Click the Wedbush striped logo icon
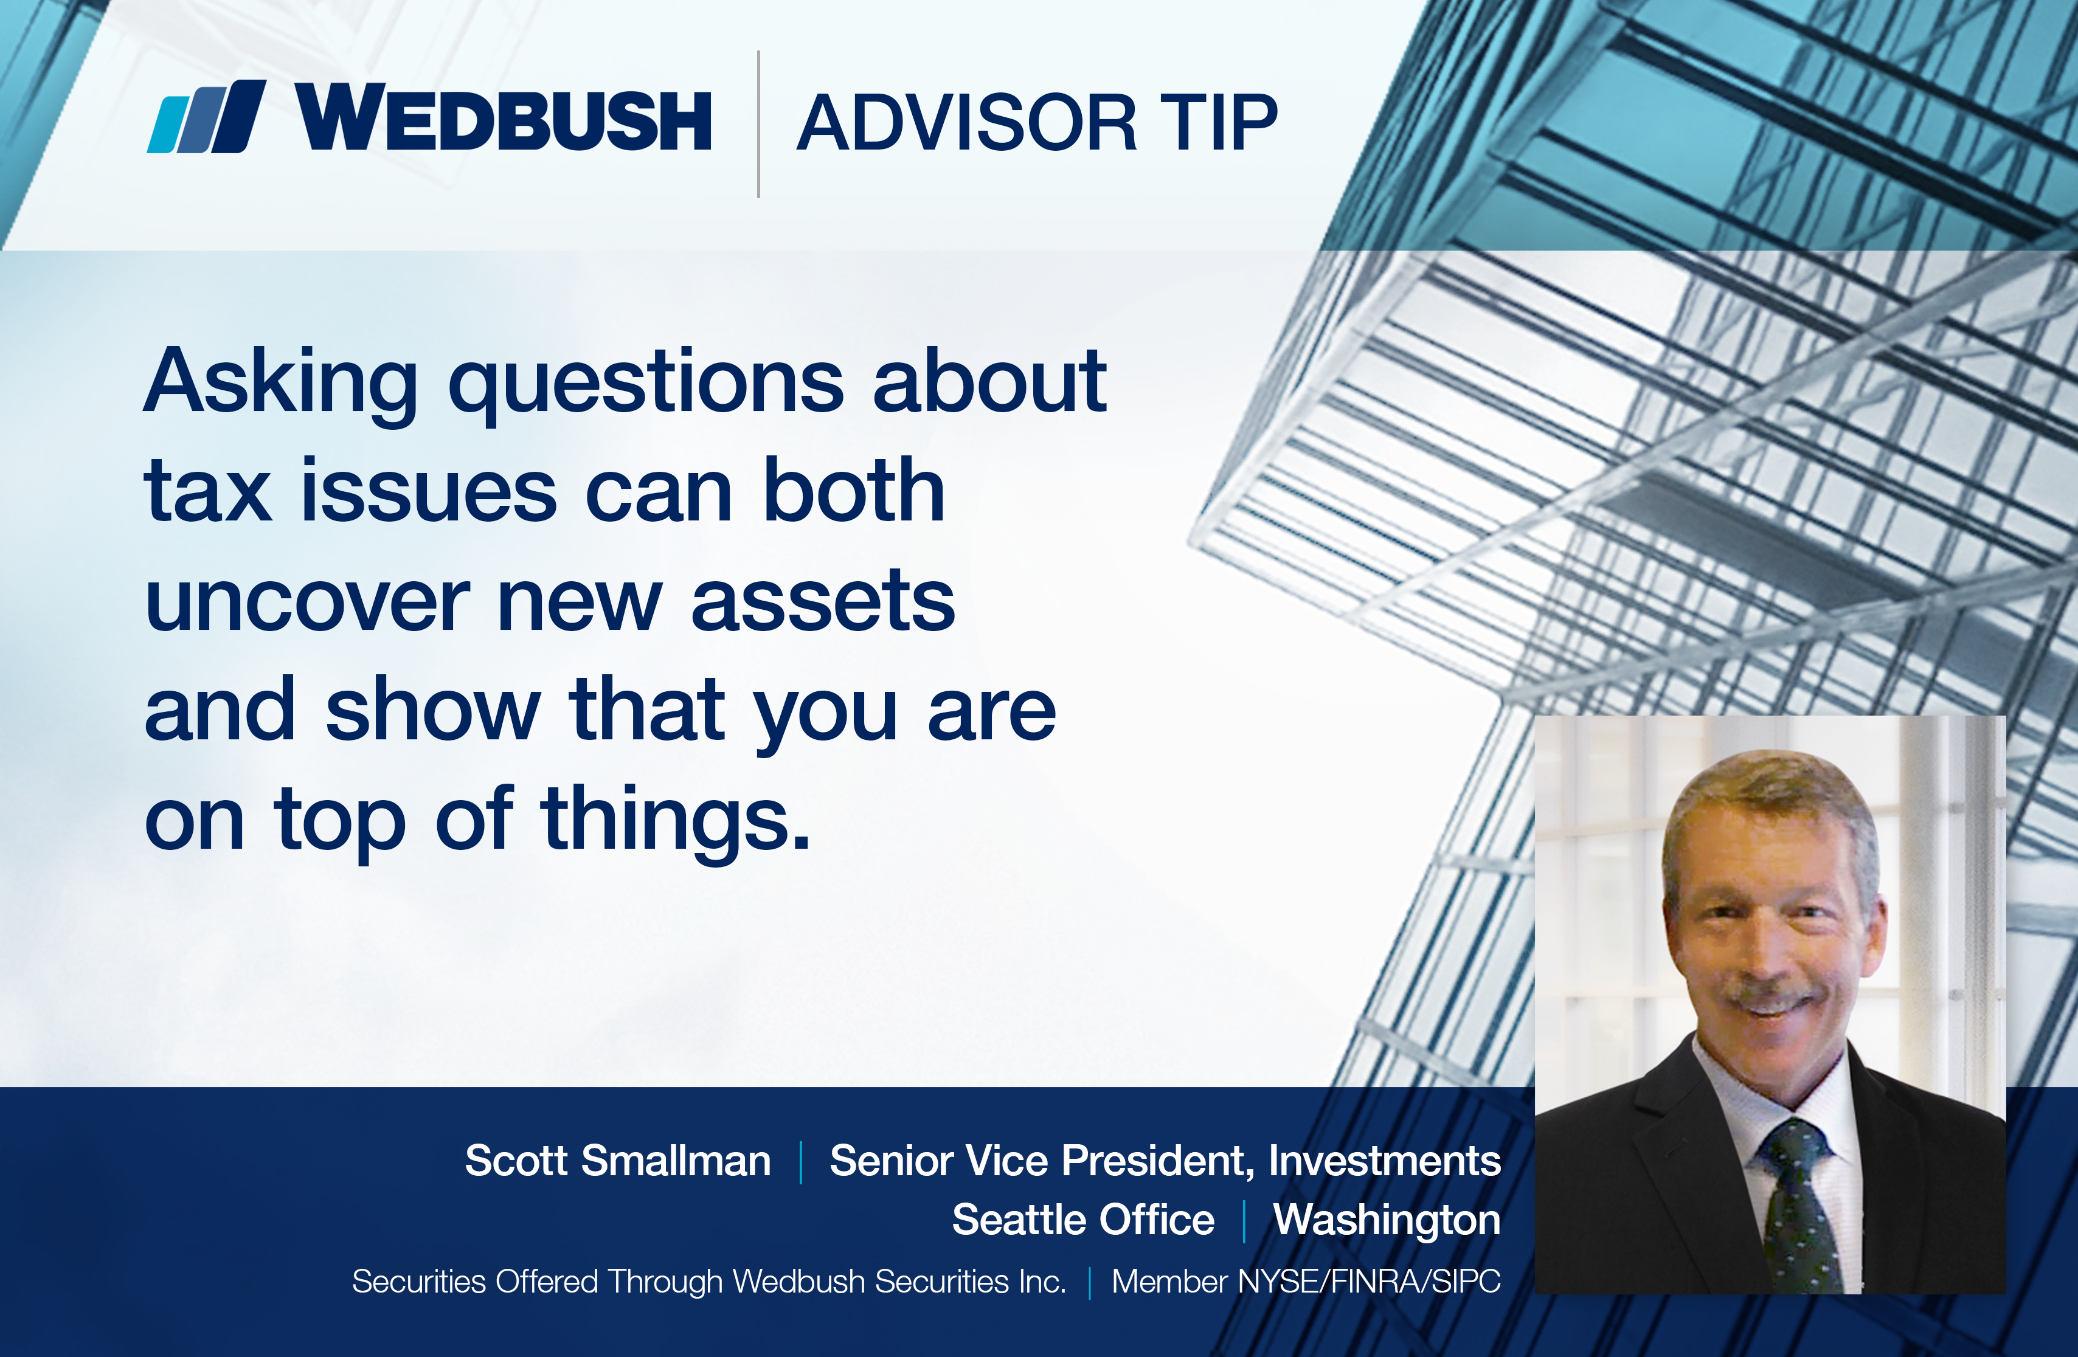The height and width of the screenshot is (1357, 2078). click(x=207, y=116)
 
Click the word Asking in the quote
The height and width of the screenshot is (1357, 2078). click(x=281, y=385)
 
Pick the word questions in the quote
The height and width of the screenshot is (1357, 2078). click(x=646, y=385)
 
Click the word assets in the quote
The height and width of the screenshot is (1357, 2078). click(x=823, y=601)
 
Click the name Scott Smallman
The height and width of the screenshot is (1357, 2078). click(x=618, y=1161)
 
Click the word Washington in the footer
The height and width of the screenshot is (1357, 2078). click(x=1387, y=1221)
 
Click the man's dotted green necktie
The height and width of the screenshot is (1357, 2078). click(x=1793, y=1208)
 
